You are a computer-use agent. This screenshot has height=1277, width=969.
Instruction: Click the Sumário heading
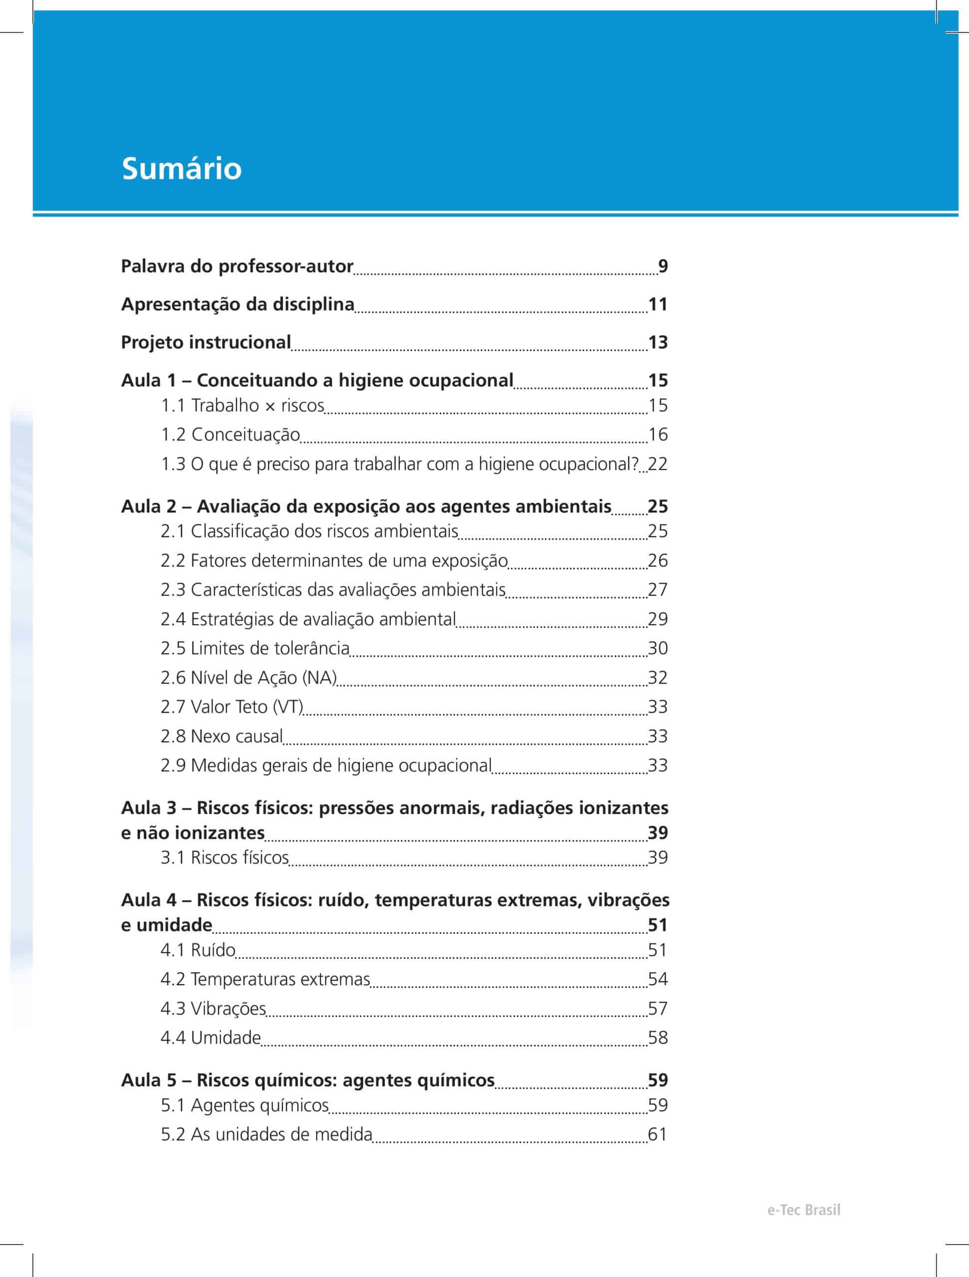coord(181,169)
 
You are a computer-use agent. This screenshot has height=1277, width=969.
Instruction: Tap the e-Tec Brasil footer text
coord(803,1210)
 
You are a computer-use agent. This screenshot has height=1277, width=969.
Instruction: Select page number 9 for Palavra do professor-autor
coord(663,266)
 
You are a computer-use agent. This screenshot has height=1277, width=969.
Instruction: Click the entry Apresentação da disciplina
coord(238,304)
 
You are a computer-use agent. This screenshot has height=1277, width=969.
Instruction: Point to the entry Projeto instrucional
coord(206,342)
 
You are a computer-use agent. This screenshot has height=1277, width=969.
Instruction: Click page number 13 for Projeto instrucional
coord(658,342)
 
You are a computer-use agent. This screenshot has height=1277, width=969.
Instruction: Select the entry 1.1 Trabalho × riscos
coord(242,405)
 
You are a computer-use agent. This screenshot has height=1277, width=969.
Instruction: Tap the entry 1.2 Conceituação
coord(231,434)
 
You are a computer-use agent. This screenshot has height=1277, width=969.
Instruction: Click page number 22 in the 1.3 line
coord(658,463)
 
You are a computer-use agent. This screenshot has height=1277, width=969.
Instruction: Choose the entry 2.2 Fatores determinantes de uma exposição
coord(334,560)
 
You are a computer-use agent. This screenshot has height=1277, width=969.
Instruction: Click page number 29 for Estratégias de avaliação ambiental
coord(658,619)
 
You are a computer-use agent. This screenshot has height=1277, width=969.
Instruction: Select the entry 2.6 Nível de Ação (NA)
coord(249,677)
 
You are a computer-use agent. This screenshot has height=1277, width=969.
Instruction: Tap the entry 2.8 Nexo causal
coord(222,736)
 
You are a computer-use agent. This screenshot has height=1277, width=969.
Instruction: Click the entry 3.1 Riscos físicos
coord(225,857)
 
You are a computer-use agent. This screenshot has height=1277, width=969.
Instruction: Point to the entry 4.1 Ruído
coord(198,950)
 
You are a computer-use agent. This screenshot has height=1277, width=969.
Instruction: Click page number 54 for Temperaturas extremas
coord(658,979)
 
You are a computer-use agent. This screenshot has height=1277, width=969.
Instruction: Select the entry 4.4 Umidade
coord(211,1038)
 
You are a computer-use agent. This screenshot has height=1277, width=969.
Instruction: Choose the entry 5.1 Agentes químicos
coord(245,1105)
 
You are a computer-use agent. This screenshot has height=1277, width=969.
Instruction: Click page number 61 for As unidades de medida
coord(658,1134)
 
